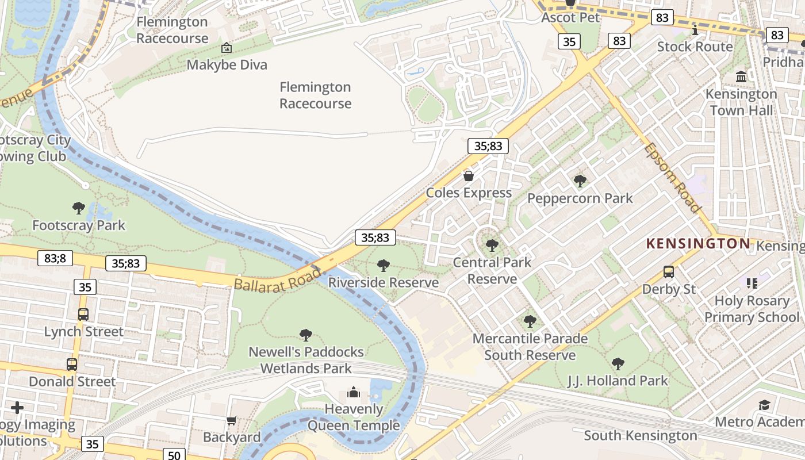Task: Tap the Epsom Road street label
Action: [x=672, y=177]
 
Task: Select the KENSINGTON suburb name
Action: [x=698, y=243]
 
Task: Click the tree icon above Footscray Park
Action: [x=79, y=208]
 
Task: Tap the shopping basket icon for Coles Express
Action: [x=469, y=175]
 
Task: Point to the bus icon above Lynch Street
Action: [x=83, y=314]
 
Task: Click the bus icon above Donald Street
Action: [x=72, y=364]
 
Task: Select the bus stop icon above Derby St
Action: [x=669, y=271]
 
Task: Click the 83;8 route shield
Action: [x=55, y=258]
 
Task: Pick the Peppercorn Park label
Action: [x=580, y=198]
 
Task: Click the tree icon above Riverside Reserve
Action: [x=383, y=265]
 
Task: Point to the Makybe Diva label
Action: [x=227, y=64]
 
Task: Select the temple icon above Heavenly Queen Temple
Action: [x=353, y=393]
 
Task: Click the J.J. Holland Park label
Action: [x=618, y=380]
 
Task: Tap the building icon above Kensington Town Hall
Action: [x=741, y=76]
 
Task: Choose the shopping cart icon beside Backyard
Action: [x=232, y=421]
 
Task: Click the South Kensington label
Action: [x=641, y=435]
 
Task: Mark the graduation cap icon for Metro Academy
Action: [x=764, y=405]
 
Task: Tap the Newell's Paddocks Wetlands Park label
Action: [x=306, y=359]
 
